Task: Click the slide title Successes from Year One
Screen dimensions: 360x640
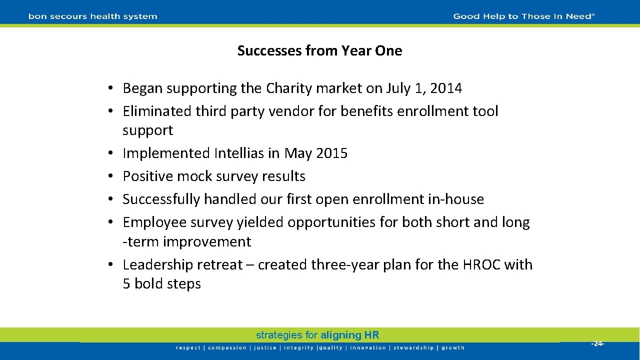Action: [x=319, y=51]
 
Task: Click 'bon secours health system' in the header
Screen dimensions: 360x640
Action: [x=93, y=16]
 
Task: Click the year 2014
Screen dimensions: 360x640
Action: [x=445, y=88]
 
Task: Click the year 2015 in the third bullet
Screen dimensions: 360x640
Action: [x=330, y=153]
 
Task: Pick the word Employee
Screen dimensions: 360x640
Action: [x=152, y=222]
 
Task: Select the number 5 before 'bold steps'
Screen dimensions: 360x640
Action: [x=126, y=284]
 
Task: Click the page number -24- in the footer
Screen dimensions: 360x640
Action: [x=598, y=344]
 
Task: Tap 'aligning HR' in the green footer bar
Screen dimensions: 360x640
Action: [x=349, y=335]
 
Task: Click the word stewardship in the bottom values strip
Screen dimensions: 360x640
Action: [x=413, y=348]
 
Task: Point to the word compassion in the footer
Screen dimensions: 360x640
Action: [x=227, y=348]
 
